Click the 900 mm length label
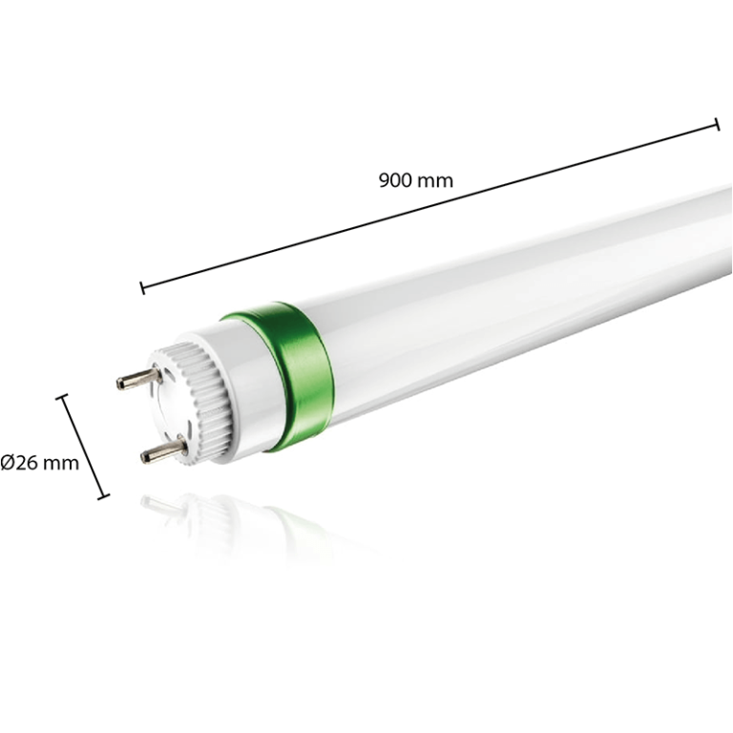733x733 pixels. (415, 180)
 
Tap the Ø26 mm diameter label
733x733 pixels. (39, 463)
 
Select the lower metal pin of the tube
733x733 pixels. (163, 448)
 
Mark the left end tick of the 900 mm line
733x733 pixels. (142, 286)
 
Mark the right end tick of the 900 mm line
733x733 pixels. (717, 124)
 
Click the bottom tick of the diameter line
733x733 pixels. (103, 495)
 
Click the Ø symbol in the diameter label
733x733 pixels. (8, 463)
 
